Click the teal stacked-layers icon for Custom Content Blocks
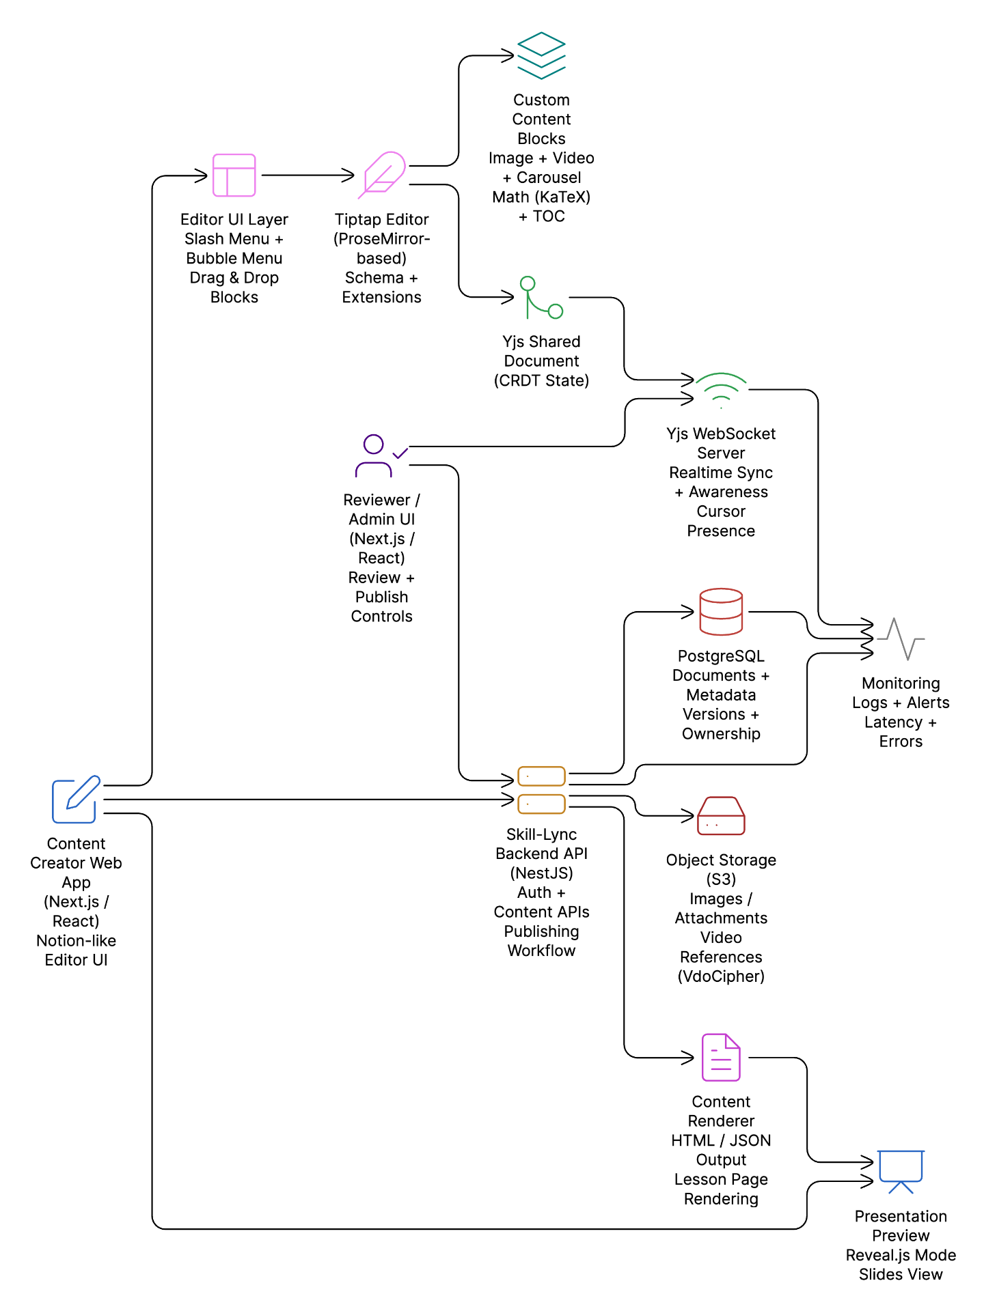pyautogui.click(x=541, y=55)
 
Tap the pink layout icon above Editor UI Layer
pyautogui.click(x=234, y=175)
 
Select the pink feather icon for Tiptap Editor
pyautogui.click(x=383, y=175)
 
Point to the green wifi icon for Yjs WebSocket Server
pyautogui.click(x=721, y=390)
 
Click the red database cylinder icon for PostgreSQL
pyautogui.click(x=721, y=612)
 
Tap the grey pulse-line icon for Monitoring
pyautogui.click(x=901, y=639)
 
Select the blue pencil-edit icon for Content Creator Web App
pyautogui.click(x=77, y=799)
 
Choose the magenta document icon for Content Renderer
pyautogui.click(x=721, y=1057)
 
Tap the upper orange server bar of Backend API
pyautogui.click(x=541, y=776)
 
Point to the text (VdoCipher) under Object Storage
pyautogui.click(x=721, y=976)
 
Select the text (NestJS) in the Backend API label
pyautogui.click(x=541, y=873)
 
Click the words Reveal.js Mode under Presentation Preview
pyautogui.click(x=901, y=1255)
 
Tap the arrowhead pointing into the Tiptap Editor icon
pyautogui.click(x=349, y=175)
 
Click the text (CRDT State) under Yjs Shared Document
pyautogui.click(x=541, y=381)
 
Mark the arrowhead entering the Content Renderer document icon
pyautogui.click(x=689, y=1058)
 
